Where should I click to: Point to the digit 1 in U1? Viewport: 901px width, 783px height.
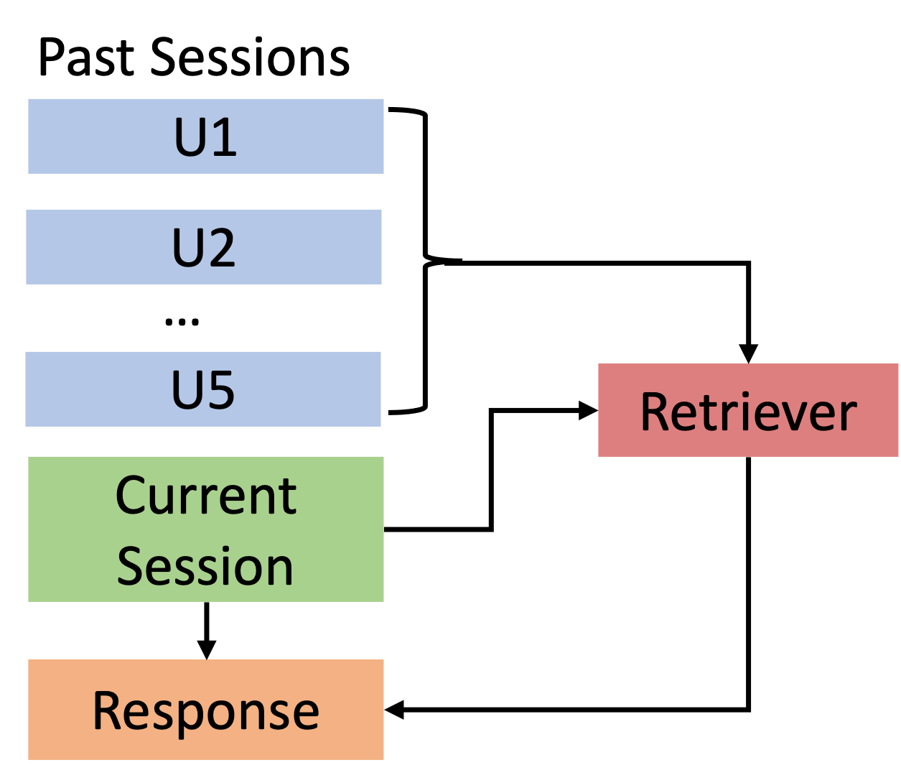tap(225, 137)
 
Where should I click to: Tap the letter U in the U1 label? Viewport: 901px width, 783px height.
tap(190, 137)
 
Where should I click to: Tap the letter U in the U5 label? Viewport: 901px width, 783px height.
tap(187, 391)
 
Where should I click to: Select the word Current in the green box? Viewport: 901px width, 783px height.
tap(205, 496)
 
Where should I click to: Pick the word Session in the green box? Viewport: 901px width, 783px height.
tap(205, 567)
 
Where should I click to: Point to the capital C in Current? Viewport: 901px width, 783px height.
tap(130, 496)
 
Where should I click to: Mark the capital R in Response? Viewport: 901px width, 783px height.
tap(107, 710)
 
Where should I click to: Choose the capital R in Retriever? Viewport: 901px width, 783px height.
tap(654, 412)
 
